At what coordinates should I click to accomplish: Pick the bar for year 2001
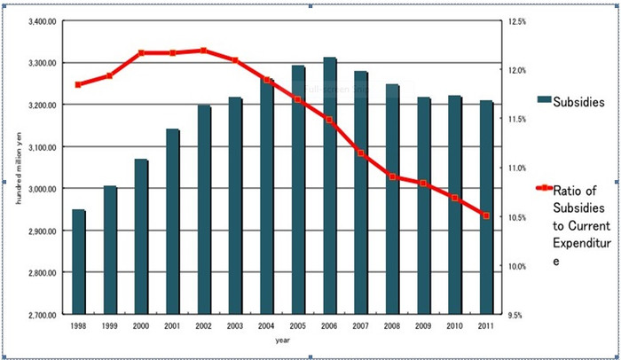173,221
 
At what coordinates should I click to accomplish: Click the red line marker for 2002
204,51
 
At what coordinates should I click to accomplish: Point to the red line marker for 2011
486,215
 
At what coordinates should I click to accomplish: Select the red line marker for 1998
79,84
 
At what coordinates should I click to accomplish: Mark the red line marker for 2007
361,153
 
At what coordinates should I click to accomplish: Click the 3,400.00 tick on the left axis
42,21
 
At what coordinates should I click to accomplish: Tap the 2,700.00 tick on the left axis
42,314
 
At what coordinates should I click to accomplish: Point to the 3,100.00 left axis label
42,147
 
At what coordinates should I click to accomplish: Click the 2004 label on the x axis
267,325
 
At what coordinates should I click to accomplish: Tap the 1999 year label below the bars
110,325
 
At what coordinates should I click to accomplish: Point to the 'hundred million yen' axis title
18,168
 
